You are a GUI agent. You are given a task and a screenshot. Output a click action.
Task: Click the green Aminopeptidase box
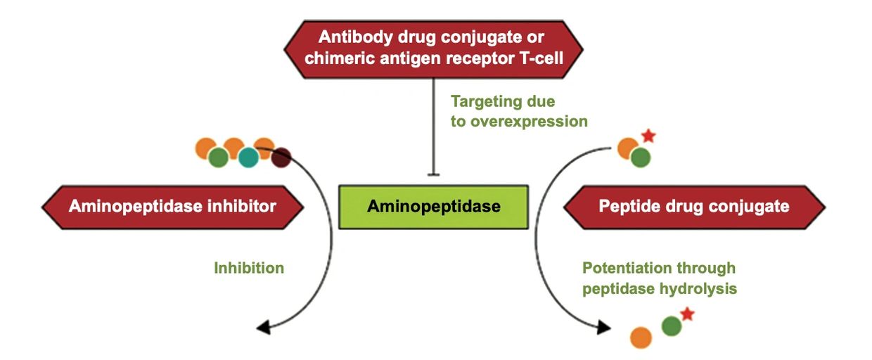tap(433, 207)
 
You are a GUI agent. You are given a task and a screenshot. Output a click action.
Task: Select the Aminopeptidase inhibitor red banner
tap(172, 207)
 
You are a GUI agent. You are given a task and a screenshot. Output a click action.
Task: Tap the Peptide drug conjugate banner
tap(694, 207)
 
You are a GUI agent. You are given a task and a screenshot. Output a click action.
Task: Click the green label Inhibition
tap(249, 268)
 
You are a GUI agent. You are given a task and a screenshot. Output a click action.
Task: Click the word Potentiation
tap(628, 268)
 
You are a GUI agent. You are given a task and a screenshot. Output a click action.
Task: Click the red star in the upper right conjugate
tap(648, 136)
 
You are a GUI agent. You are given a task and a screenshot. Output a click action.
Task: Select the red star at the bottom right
tap(688, 314)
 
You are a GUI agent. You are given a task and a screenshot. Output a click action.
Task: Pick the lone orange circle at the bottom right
tap(641, 337)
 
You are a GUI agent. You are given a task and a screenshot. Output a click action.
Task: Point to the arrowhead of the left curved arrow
tap(262, 326)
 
